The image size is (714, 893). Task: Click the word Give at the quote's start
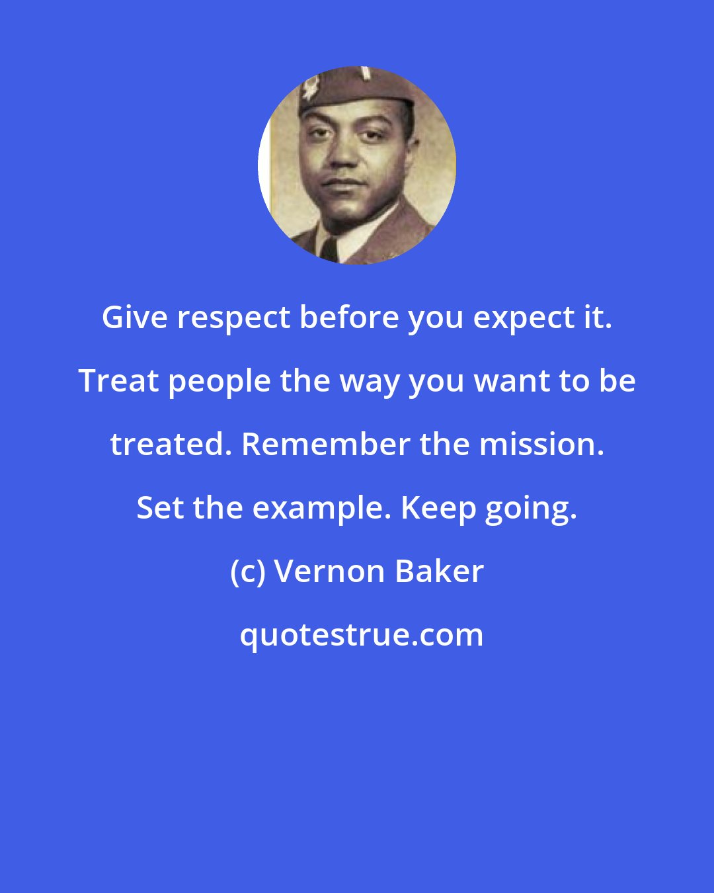coord(135,318)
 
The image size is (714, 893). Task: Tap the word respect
coord(233,318)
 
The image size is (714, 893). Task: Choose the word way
coord(368,382)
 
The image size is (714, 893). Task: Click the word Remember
coord(327,444)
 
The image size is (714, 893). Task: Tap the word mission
coord(541,444)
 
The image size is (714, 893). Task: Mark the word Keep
coord(438,507)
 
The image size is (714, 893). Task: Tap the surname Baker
coord(439,572)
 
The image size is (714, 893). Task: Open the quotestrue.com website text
coord(361,635)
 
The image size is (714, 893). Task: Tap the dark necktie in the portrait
coord(329,250)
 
